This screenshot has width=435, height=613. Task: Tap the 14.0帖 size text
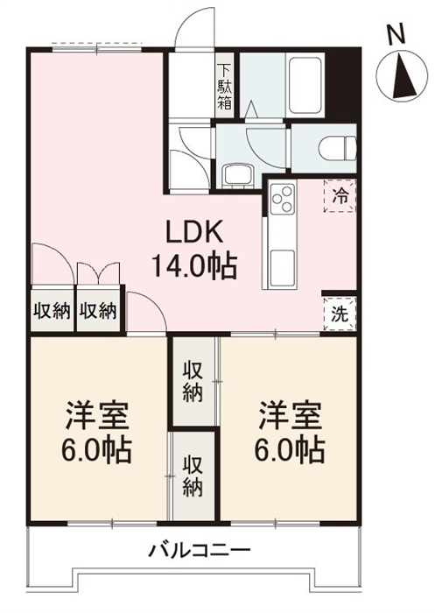(194, 266)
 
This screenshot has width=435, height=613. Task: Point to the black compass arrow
(403, 77)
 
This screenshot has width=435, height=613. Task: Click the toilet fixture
(337, 149)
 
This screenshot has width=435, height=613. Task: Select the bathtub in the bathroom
(304, 86)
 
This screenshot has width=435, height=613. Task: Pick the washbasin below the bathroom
(237, 175)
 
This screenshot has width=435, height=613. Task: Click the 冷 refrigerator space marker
(340, 196)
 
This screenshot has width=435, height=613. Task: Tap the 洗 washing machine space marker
(340, 314)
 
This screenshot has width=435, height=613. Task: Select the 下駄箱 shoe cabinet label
(225, 87)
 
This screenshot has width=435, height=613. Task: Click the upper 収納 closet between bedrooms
(193, 384)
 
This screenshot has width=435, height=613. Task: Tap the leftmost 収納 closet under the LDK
(52, 312)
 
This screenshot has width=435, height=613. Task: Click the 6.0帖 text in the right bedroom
(290, 448)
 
